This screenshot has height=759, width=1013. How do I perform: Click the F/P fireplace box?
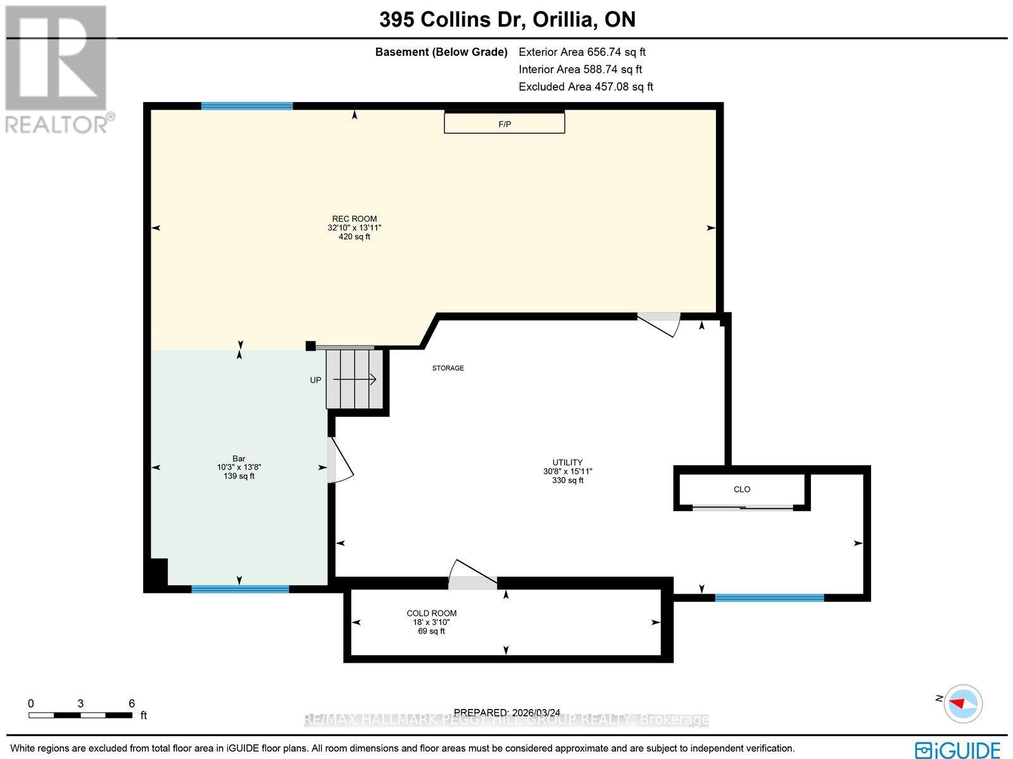point(504,123)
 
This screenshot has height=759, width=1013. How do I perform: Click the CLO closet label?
point(741,489)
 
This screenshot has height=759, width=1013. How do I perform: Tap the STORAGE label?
point(448,368)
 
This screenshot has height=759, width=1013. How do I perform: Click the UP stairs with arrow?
point(354,379)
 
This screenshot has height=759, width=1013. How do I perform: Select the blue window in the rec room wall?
point(247,106)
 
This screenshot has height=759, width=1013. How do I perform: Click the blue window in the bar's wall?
point(240,589)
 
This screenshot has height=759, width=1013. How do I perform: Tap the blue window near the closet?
point(769,597)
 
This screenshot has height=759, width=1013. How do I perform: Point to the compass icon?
point(962,703)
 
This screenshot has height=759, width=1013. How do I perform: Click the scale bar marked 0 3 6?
point(80,715)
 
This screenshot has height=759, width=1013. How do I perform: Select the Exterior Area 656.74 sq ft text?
point(582,52)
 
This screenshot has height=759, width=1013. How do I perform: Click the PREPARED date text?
point(507,712)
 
